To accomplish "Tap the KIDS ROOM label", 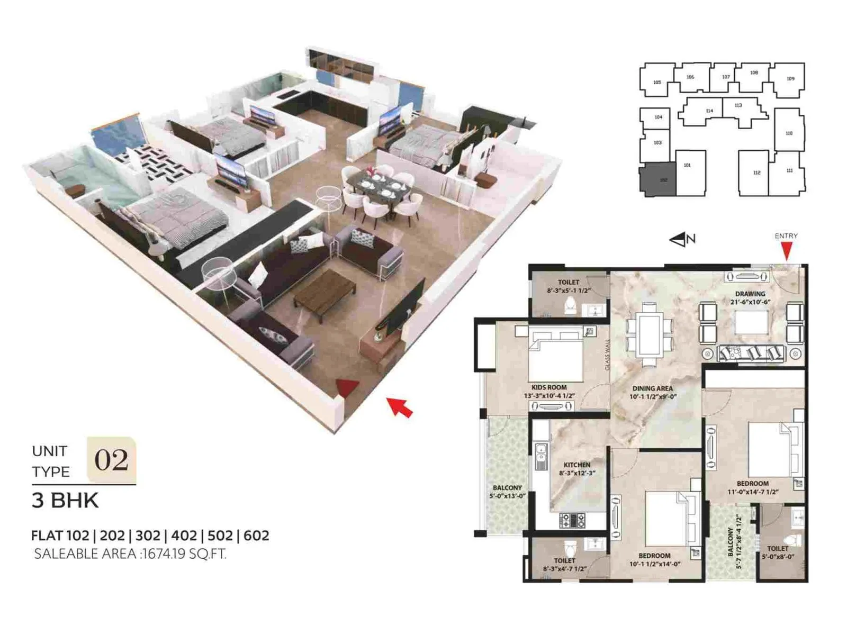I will click(x=549, y=387).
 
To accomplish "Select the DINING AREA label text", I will click(x=652, y=388).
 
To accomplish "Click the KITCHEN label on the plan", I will click(x=576, y=465).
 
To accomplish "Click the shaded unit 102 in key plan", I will click(x=658, y=180).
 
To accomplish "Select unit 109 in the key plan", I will click(x=789, y=79).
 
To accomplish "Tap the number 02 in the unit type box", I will click(x=111, y=460).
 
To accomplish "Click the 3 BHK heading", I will click(x=65, y=501).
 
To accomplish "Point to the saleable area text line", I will click(x=130, y=554).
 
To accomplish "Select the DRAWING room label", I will click(x=750, y=294).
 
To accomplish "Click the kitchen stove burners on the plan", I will click(x=572, y=520).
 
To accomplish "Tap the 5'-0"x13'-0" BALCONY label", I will click(x=507, y=492).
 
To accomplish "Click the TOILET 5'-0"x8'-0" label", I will click(x=777, y=552).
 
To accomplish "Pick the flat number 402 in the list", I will click(x=184, y=536).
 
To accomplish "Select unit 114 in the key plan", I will click(x=709, y=111).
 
